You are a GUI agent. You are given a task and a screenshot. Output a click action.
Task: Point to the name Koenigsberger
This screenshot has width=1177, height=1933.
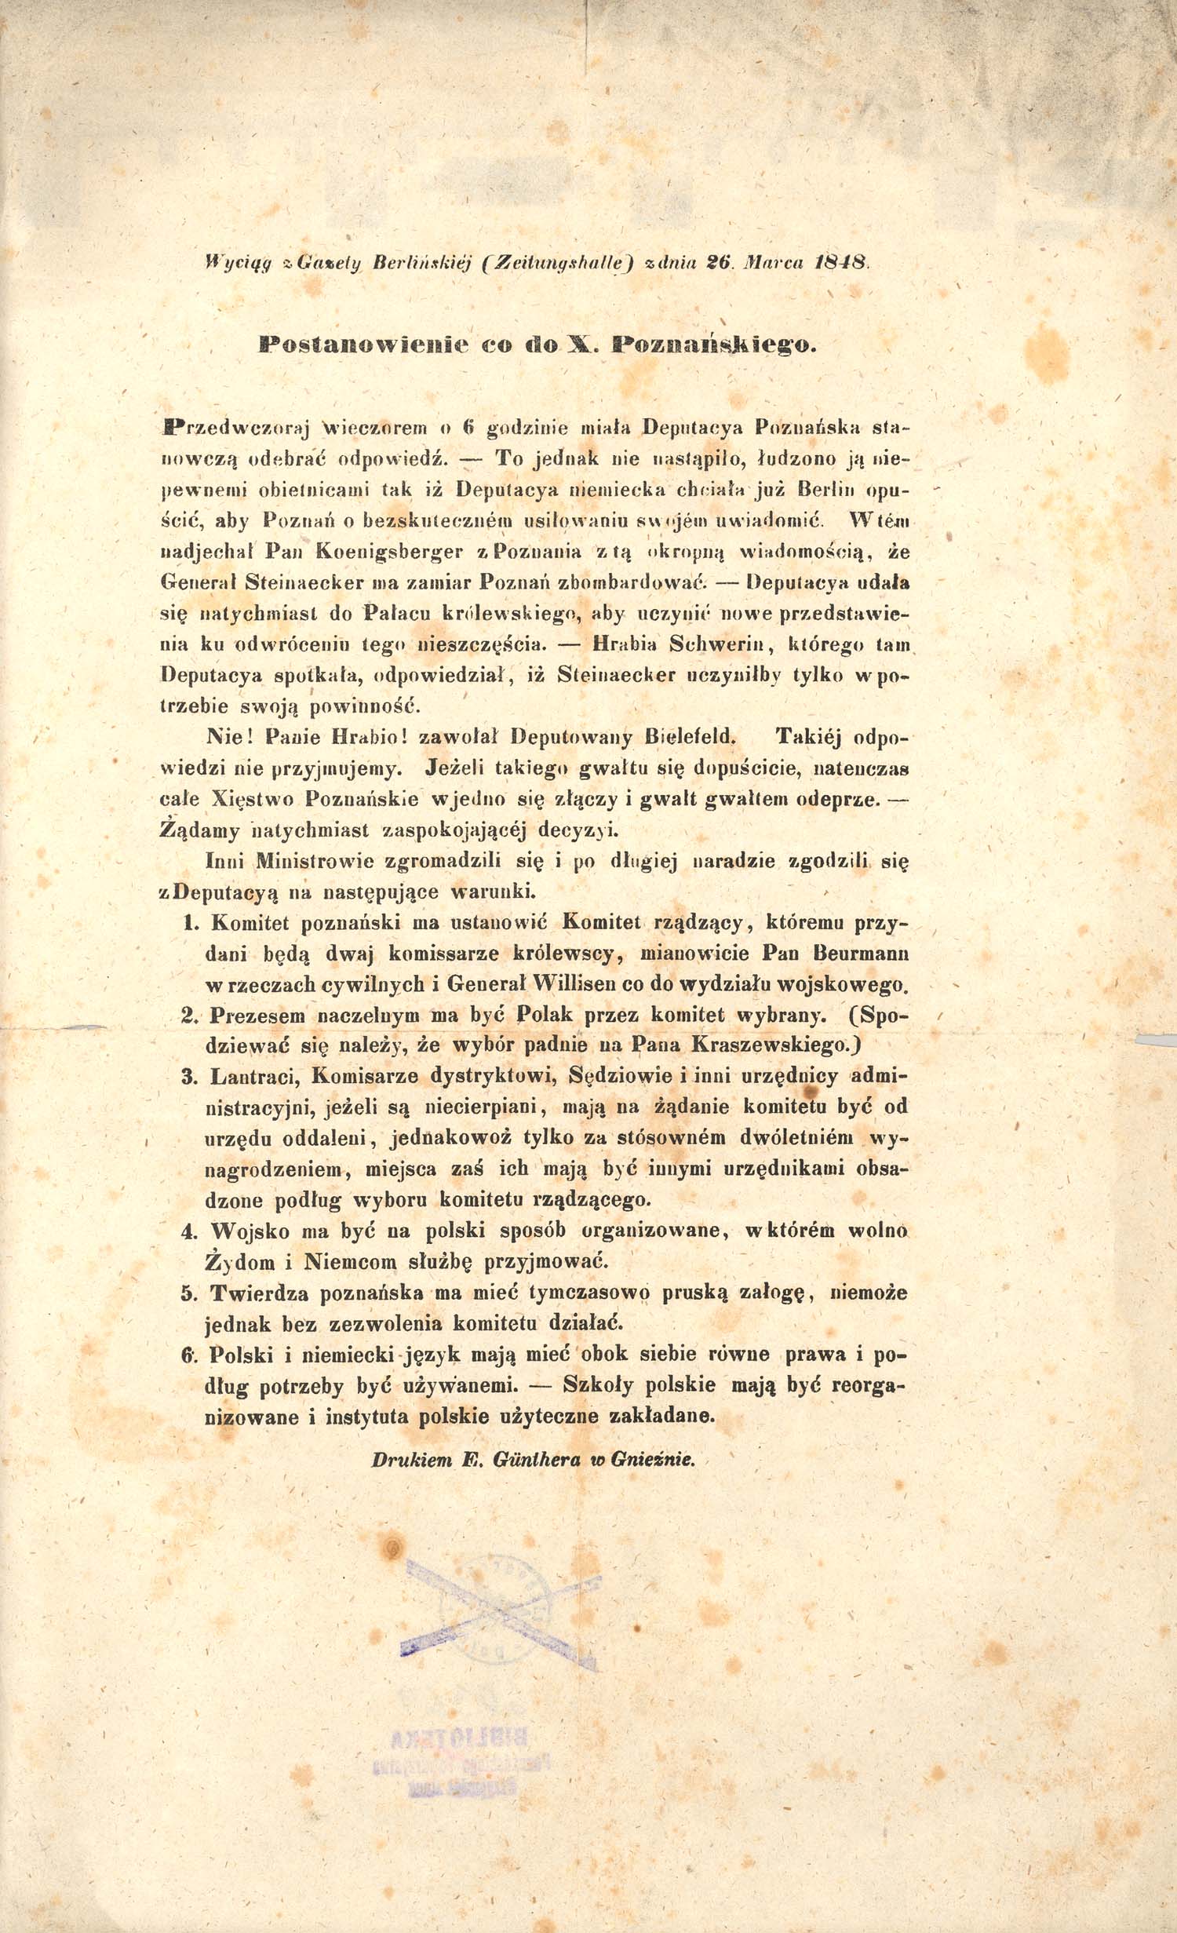point(388,552)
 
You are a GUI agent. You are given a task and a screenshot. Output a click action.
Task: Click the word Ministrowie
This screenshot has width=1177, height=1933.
point(316,861)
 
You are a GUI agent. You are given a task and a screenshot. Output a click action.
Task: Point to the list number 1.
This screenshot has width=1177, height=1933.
point(189,923)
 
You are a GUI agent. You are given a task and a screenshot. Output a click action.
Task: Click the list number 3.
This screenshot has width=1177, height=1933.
point(189,1077)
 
